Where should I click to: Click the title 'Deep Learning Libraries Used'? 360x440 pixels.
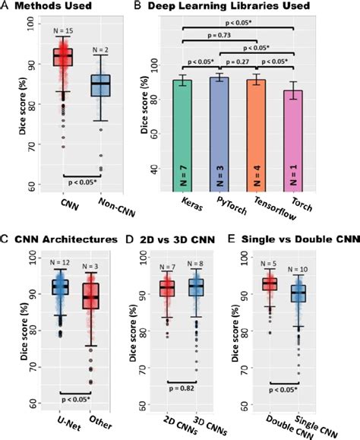pos(235,8)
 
